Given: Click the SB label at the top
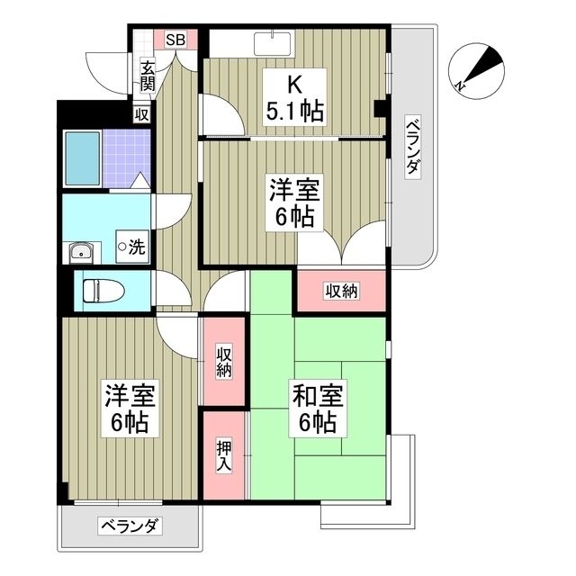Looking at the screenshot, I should pyautogui.click(x=175, y=40).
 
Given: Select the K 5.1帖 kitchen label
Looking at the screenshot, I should pyautogui.click(x=294, y=99).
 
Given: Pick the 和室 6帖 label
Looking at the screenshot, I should pyautogui.click(x=312, y=408).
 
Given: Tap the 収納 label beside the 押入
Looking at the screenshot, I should pyautogui.click(x=223, y=362).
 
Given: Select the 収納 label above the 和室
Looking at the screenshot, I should pyautogui.click(x=341, y=290).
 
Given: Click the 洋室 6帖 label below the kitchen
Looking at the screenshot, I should pyautogui.click(x=294, y=202).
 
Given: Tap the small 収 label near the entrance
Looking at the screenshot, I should pyautogui.click(x=141, y=114).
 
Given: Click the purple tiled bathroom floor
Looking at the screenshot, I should pyautogui.click(x=124, y=155).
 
